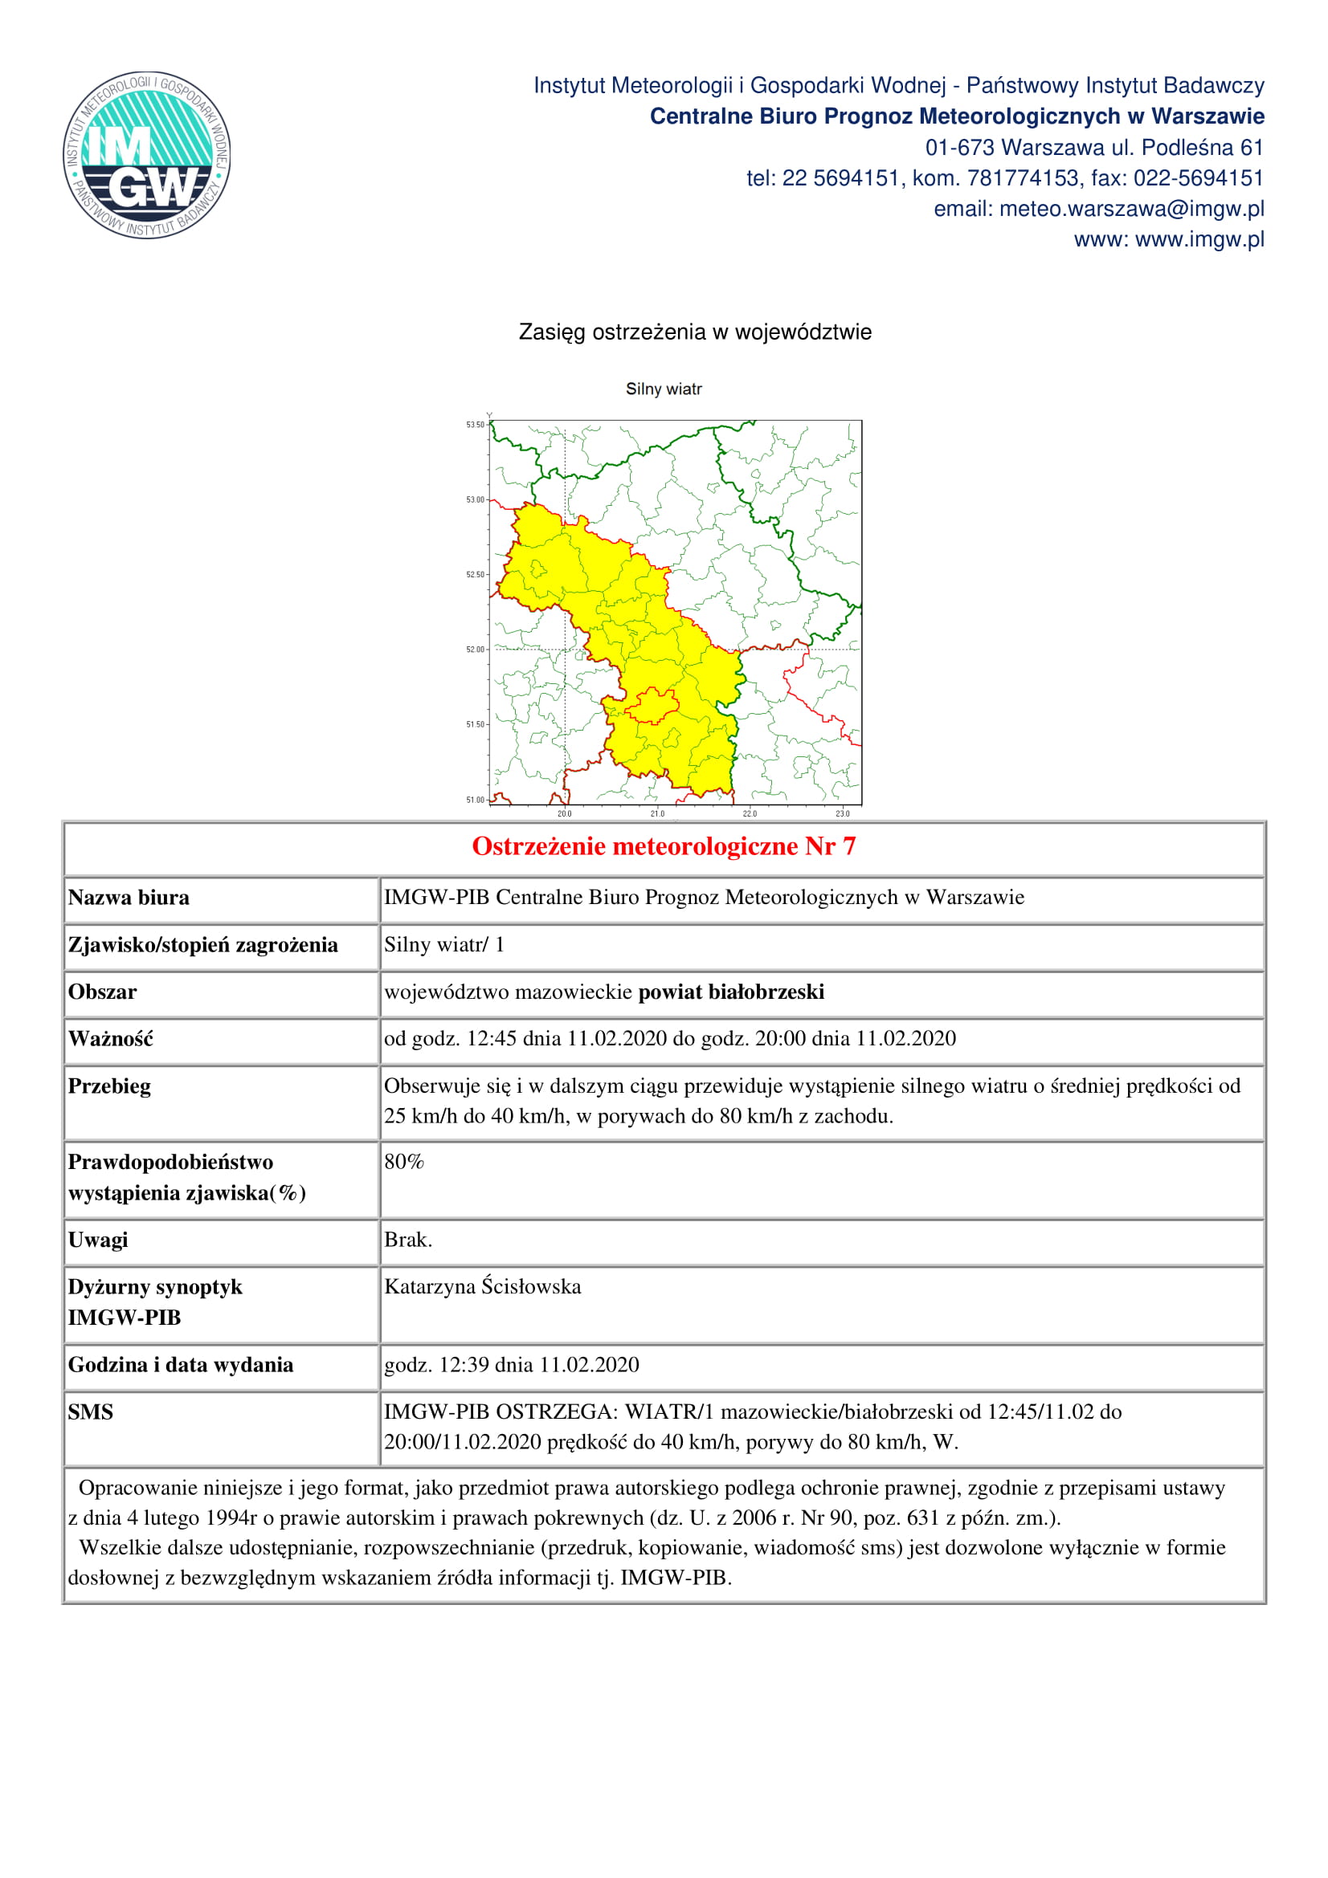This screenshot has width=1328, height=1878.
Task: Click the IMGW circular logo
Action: [146, 155]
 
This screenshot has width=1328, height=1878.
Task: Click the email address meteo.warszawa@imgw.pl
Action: [1131, 210]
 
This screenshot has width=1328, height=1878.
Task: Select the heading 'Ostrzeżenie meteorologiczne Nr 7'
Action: [664, 846]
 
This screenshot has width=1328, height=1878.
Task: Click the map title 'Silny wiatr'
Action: [664, 389]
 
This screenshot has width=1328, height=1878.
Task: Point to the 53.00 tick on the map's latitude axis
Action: [476, 499]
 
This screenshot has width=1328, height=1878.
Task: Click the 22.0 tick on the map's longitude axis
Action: [750, 814]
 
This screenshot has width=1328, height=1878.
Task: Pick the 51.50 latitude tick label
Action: [476, 725]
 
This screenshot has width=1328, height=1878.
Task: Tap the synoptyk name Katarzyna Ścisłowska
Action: [483, 1286]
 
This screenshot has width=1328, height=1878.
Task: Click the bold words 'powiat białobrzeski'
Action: [731, 992]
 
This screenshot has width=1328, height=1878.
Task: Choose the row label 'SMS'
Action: [91, 1412]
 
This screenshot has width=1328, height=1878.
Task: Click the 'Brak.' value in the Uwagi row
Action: [408, 1240]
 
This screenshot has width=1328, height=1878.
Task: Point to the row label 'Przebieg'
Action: [109, 1086]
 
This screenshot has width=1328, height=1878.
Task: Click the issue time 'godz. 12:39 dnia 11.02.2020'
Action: [512, 1364]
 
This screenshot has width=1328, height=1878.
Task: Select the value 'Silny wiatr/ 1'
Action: [444, 945]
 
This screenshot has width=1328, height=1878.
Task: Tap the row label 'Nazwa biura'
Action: [129, 898]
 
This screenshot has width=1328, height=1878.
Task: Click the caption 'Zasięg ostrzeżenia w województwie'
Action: [695, 332]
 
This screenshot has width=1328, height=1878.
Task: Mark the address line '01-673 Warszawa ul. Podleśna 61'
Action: [1094, 148]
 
